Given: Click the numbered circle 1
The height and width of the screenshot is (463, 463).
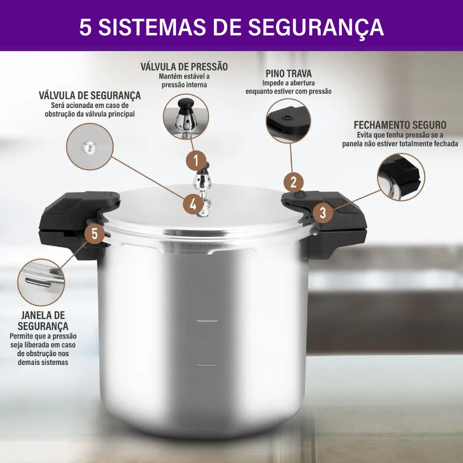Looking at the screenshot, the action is [x=196, y=161].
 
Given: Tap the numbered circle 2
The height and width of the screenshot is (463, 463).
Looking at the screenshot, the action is [x=294, y=182].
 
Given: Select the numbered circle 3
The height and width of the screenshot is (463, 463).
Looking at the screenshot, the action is [x=323, y=213].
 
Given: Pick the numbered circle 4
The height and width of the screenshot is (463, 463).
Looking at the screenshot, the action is [x=193, y=204].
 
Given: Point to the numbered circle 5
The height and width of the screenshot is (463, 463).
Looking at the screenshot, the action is [x=94, y=233].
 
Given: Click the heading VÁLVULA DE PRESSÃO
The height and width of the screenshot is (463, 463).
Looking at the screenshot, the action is [x=184, y=67].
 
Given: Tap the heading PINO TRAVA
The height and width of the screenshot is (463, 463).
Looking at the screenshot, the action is [x=288, y=74].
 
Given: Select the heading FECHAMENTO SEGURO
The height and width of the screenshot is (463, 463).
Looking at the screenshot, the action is [x=400, y=125].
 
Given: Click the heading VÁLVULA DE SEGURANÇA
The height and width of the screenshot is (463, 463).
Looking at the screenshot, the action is [x=90, y=95].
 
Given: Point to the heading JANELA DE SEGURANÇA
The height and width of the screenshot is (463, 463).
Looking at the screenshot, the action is [x=43, y=320].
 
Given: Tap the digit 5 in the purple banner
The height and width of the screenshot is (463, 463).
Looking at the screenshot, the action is [x=85, y=27].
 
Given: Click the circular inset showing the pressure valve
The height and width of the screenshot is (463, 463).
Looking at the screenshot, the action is [x=186, y=117].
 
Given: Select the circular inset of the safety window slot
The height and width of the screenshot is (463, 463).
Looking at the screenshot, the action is [x=41, y=282].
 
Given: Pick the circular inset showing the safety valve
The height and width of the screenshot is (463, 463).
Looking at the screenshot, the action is [x=90, y=147].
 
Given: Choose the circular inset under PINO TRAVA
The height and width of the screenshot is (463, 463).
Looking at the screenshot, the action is [x=288, y=121].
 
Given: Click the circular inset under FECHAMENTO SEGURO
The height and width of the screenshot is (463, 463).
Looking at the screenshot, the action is [x=401, y=177].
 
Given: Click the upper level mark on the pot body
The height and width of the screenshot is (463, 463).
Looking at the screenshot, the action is [x=207, y=321].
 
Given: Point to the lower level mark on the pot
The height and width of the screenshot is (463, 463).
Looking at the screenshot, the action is [x=207, y=365].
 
